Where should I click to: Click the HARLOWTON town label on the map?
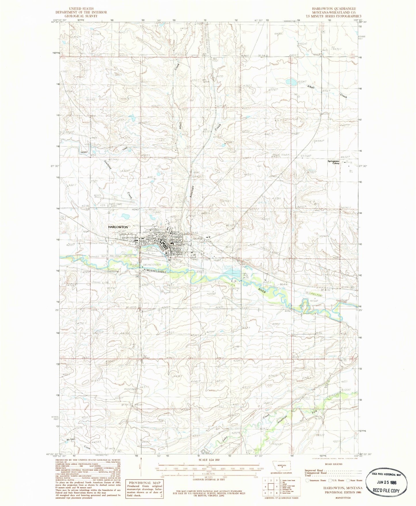[118, 227]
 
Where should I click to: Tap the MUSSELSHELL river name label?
[157, 271]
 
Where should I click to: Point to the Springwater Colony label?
[334, 162]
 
